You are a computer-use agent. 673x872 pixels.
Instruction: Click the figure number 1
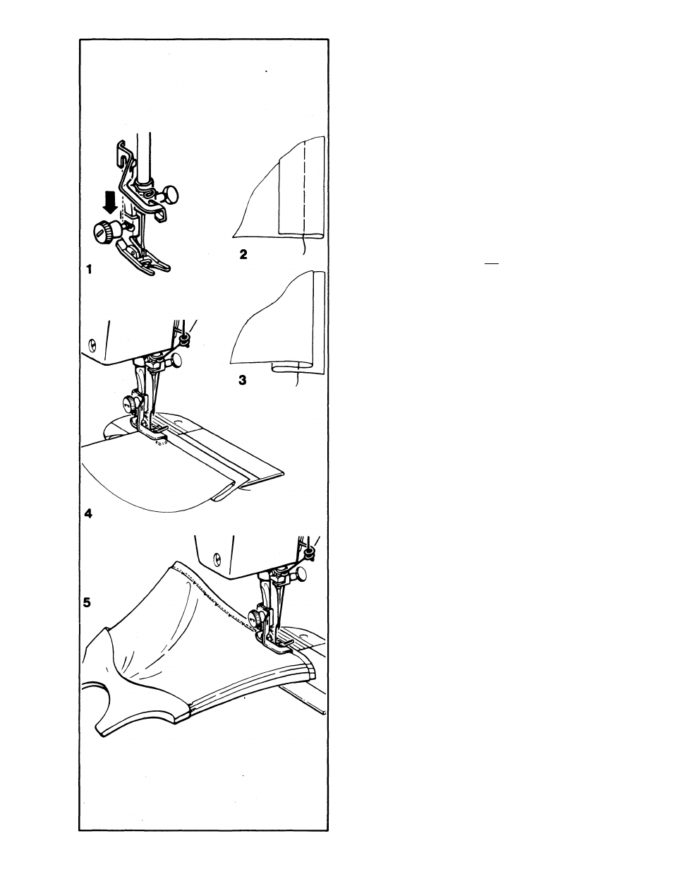pos(89,269)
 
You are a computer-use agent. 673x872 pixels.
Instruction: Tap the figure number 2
pos(243,254)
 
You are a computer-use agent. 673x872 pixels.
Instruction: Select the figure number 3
pos(242,380)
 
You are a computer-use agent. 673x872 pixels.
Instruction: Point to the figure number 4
pos(89,513)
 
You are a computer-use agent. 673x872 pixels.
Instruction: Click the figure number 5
pos(87,602)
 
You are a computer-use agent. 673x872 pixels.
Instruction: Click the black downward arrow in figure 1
pos(109,203)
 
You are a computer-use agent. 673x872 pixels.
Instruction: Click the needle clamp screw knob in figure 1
pos(169,194)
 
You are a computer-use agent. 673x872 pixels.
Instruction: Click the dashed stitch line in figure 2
pos(305,188)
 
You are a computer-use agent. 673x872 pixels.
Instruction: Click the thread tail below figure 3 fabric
pos(298,376)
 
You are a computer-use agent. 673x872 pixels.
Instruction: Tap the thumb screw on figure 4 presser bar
pos(131,401)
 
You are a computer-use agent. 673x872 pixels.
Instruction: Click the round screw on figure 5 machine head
pos(218,557)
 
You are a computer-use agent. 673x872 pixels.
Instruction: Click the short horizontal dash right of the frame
pos(492,263)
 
